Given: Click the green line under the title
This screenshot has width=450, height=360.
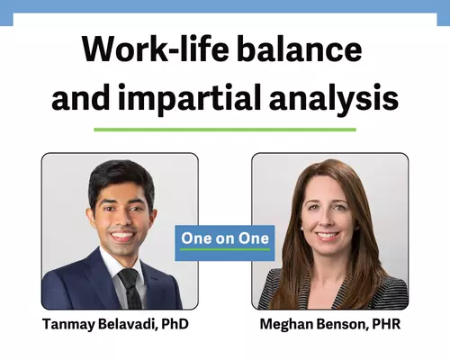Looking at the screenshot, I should (x=225, y=130).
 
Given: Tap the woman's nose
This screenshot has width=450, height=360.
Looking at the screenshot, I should (x=327, y=220).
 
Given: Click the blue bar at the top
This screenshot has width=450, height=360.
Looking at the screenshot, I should (x=225, y=6).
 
